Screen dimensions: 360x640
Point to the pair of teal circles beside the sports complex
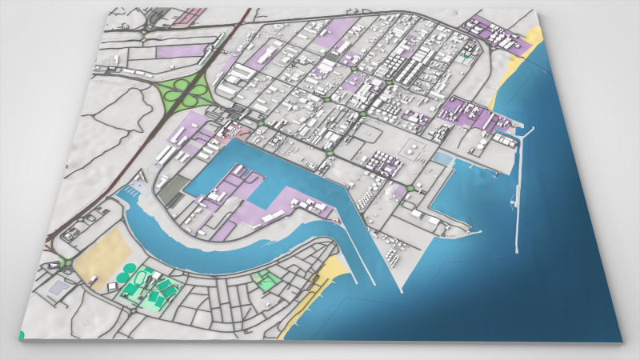coord(126,274)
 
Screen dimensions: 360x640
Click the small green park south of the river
coord(264,280)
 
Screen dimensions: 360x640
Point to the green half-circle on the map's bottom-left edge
coord(21,334)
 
